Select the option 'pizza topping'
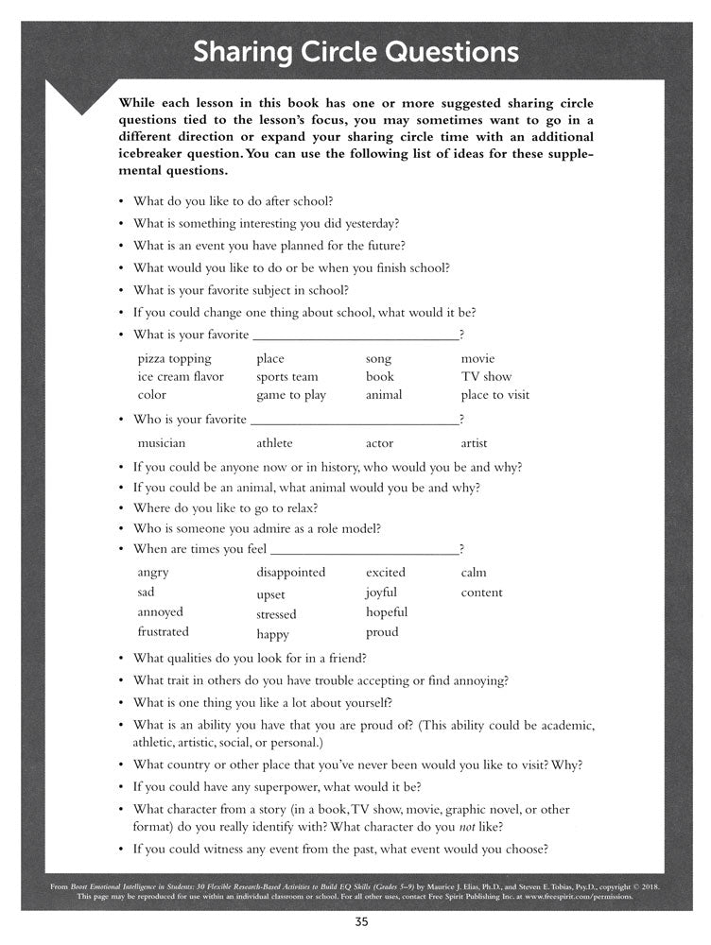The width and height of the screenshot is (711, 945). coord(174,359)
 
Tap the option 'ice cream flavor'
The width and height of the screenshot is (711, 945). coord(181,377)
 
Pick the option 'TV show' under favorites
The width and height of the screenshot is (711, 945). coord(486,377)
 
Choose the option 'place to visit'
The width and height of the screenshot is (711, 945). coord(494,395)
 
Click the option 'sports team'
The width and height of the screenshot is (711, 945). coord(287,377)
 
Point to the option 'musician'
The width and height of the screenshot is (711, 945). coord(162,443)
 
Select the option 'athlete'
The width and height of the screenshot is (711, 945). coord(274,443)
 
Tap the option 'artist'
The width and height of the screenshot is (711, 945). coord(474,443)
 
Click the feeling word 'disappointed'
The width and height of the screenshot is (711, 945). coord(290,573)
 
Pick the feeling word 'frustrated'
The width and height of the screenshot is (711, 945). coord(163,632)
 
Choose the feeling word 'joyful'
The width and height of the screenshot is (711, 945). coord(381,593)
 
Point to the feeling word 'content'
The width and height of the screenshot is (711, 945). coord(481,593)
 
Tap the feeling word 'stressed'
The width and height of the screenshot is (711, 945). coord(276,615)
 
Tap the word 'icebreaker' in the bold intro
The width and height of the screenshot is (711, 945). coord(152,154)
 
